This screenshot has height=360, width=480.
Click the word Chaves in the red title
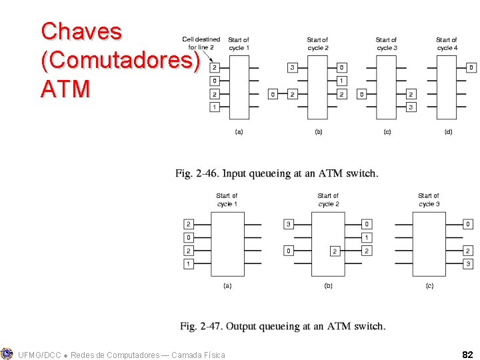click(x=81, y=31)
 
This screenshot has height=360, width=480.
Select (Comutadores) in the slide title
click(x=121, y=60)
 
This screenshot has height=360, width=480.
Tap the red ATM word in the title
click(x=65, y=89)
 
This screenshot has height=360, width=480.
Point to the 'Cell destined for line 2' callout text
click(x=201, y=43)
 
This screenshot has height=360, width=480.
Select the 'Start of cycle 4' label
click(x=447, y=43)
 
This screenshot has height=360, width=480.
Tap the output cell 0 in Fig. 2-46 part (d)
click(x=471, y=67)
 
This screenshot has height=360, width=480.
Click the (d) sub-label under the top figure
click(x=448, y=132)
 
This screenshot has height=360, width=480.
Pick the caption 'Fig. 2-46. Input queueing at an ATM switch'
click(x=277, y=173)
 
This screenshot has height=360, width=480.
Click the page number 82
click(x=467, y=354)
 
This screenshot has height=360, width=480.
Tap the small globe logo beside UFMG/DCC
click(x=7, y=354)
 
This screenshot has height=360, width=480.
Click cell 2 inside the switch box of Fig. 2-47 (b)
click(x=335, y=251)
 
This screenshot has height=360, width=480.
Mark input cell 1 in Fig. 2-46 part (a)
click(x=215, y=107)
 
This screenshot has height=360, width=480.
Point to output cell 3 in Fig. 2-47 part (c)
click(x=468, y=264)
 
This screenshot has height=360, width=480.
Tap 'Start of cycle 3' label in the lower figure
click(x=429, y=199)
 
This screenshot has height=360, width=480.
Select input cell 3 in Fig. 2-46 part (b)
click(x=292, y=67)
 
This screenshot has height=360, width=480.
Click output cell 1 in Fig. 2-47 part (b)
click(x=367, y=237)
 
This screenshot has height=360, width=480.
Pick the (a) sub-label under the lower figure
click(x=227, y=285)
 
